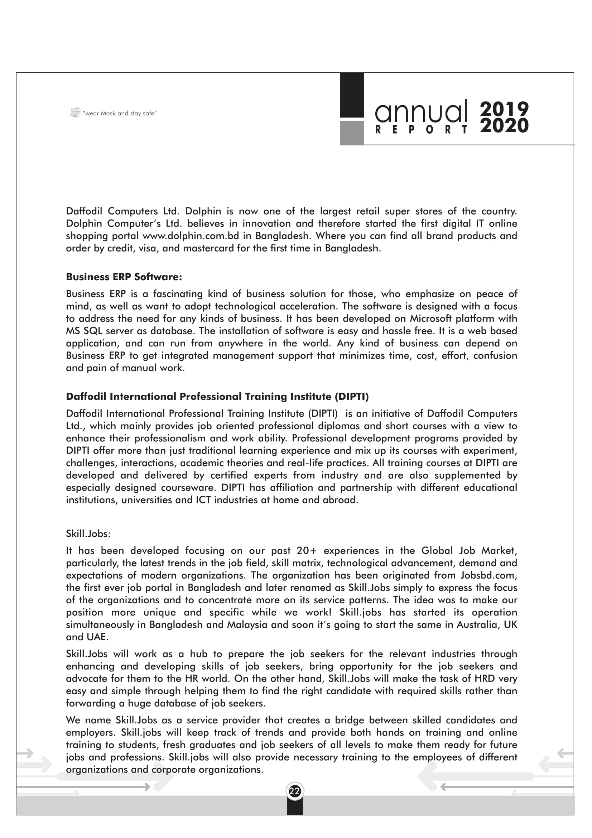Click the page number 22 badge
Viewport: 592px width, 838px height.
click(x=295, y=791)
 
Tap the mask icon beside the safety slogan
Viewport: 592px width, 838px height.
click(x=75, y=112)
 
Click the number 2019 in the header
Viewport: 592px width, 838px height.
click(x=504, y=109)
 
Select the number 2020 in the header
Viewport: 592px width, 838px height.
click(x=504, y=125)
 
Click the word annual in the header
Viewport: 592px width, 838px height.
click(x=421, y=111)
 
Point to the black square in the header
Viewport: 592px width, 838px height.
click(x=352, y=95)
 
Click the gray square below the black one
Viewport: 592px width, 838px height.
click(x=352, y=133)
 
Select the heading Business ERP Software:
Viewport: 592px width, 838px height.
click(x=124, y=277)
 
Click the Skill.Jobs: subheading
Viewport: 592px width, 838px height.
click(x=88, y=534)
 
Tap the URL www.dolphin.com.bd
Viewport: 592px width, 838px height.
click(x=191, y=236)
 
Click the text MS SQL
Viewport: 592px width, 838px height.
click(x=84, y=331)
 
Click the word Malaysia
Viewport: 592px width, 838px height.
click(x=248, y=625)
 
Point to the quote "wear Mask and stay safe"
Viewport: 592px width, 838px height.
click(x=120, y=114)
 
